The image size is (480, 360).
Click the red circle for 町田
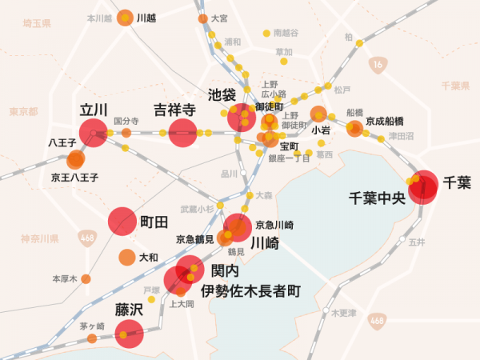click(122, 222)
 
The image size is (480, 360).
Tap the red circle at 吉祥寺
click(182, 133)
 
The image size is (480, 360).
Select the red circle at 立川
click(93, 132)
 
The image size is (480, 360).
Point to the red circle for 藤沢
click(130, 334)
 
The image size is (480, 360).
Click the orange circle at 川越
click(126, 18)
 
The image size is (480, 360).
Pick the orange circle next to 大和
click(126, 258)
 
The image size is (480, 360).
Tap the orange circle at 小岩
click(318, 114)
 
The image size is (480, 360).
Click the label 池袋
click(221, 94)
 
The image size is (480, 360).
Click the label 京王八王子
click(74, 177)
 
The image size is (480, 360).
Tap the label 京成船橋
click(384, 121)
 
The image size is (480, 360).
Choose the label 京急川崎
click(274, 225)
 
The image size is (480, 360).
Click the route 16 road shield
click(376, 62)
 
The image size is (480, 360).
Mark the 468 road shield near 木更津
click(376, 320)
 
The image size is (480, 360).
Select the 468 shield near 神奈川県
click(88, 238)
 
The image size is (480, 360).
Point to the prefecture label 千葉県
click(455, 85)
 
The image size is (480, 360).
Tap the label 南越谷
click(286, 34)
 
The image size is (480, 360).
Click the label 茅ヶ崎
click(92, 326)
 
